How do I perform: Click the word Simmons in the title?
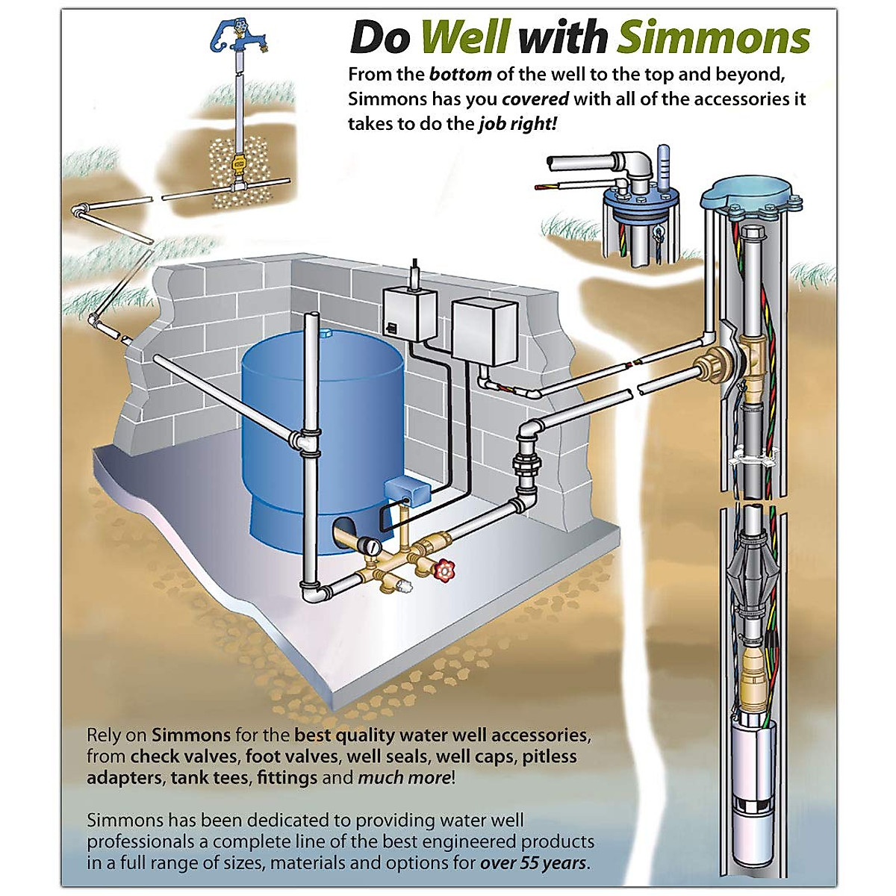click(713, 37)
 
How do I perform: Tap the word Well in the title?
click(464, 37)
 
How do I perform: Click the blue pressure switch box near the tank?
click(407, 489)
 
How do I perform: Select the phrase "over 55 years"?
click(534, 864)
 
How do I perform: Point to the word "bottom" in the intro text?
click(460, 75)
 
